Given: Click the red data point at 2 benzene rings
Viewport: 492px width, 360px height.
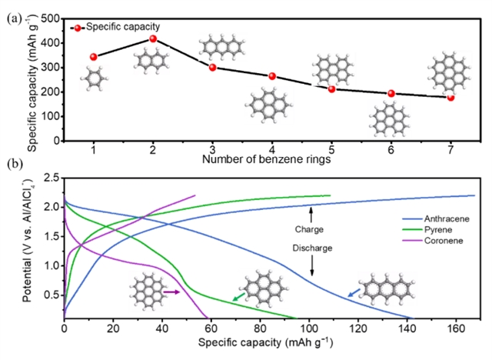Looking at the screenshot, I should coord(153,38).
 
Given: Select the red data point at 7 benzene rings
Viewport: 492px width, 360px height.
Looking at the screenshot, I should coord(450,98).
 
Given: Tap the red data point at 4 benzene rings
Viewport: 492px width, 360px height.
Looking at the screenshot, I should coord(272,76).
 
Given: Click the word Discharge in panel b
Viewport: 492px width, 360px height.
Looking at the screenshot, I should coord(311,248).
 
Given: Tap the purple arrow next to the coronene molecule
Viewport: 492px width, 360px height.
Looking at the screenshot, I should coord(171,292).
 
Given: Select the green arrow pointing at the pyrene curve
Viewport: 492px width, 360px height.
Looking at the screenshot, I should coord(239,296).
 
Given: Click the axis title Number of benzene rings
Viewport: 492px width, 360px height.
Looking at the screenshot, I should coord(266,160).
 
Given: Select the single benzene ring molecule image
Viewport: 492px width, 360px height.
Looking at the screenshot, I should coord(94,78).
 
